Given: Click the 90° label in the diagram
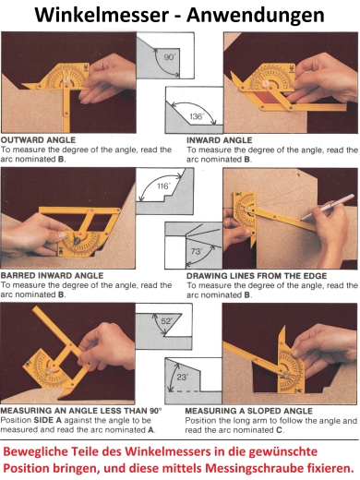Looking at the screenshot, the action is [x=170, y=57].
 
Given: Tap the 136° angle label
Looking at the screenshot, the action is [x=197, y=116].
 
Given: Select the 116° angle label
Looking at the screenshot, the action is [x=163, y=186].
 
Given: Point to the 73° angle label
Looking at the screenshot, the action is [x=197, y=251].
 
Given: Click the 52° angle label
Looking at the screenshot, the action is [x=166, y=321].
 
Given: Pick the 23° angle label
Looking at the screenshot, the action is [x=182, y=377].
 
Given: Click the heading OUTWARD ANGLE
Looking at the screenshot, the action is [x=38, y=140].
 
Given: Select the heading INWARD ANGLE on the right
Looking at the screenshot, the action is [x=219, y=140].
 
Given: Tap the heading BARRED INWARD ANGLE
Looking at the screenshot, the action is [x=52, y=275].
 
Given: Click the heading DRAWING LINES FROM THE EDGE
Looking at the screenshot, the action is [x=257, y=276].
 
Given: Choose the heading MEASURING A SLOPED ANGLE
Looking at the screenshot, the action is [x=248, y=411].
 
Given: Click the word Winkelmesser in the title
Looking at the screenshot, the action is [x=102, y=15].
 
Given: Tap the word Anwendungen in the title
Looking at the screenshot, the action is [x=256, y=16].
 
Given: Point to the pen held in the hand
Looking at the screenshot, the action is [x=327, y=207].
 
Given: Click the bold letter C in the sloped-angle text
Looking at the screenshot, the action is [x=279, y=430].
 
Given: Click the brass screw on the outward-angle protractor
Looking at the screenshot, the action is [x=66, y=80].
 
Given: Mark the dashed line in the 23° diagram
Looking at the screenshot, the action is [x=184, y=391].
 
